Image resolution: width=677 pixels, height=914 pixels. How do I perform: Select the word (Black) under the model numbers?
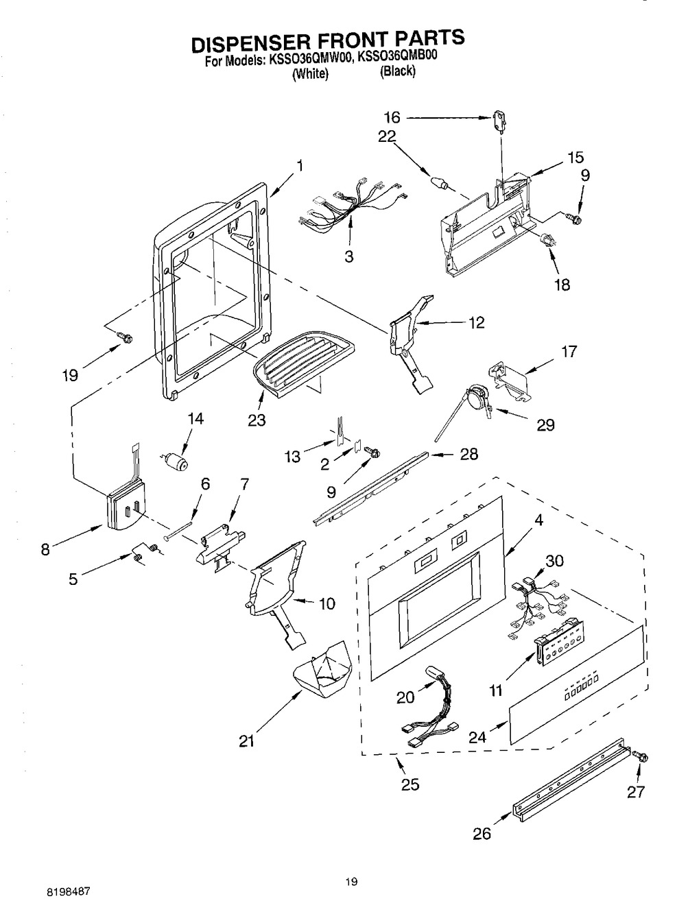coord(397,71)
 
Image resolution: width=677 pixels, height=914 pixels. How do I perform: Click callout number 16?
coord(392,117)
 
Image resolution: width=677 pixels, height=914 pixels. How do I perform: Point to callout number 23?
coord(257,420)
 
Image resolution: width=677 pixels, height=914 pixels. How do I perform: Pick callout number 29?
coord(545,424)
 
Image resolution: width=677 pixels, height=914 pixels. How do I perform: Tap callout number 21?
coord(246,753)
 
